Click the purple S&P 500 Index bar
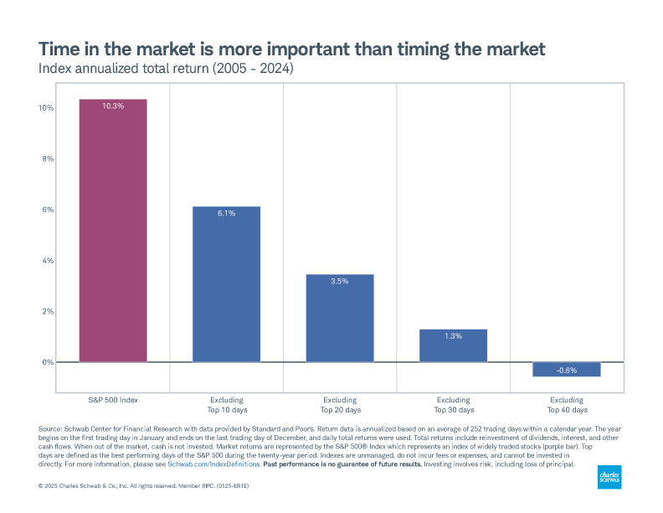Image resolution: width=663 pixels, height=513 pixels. tap(113, 231)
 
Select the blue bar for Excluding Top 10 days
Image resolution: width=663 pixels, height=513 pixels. tap(226, 285)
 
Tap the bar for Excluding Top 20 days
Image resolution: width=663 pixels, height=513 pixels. tap(339, 319)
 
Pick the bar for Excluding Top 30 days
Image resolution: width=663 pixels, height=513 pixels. tap(453, 345)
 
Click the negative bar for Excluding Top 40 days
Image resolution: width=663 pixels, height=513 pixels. tap(566, 370)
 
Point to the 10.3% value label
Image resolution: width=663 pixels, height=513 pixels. tap(113, 106)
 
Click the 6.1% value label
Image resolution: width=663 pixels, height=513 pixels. tap(226, 214)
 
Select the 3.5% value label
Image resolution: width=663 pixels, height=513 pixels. tap(339, 282)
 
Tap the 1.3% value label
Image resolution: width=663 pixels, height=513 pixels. tap(453, 336)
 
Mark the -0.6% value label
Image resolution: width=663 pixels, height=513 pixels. tap(566, 370)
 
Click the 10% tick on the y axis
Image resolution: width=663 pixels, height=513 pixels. tap(45, 108)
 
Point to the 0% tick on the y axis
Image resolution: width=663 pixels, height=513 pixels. tap(47, 362)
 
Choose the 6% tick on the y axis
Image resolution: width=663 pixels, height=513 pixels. tap(47, 210)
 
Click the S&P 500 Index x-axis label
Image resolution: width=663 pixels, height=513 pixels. tap(113, 400)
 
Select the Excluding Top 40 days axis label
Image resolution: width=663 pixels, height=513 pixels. tap(566, 405)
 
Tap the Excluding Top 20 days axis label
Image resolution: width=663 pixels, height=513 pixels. tap(339, 405)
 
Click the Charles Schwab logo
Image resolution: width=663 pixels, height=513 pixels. tap(609, 477)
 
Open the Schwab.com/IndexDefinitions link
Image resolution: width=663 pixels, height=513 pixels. tap(213, 464)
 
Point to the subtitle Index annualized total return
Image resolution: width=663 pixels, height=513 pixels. tap(167, 68)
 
